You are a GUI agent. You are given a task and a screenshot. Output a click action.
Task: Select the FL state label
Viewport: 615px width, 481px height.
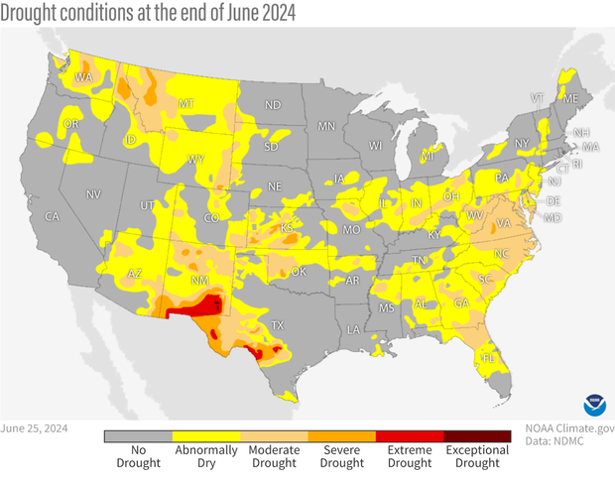pyautogui.click(x=488, y=357)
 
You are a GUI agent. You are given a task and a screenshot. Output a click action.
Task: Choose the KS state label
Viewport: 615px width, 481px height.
pyautogui.click(x=287, y=229)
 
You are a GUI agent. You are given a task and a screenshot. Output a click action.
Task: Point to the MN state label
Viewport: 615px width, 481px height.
pyautogui.click(x=326, y=127)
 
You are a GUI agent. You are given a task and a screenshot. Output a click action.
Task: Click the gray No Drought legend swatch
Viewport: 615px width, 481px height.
pyautogui.click(x=138, y=434)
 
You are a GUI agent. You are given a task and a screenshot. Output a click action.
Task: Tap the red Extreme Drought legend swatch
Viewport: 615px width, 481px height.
pyautogui.click(x=410, y=434)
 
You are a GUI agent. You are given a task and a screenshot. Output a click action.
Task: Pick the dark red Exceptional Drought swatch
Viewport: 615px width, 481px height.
pyautogui.click(x=477, y=434)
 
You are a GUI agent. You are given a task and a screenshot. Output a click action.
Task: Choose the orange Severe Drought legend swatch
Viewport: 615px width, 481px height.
pyautogui.click(x=342, y=434)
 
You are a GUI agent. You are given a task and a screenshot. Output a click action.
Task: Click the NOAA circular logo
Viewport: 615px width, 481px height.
pyautogui.click(x=591, y=406)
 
